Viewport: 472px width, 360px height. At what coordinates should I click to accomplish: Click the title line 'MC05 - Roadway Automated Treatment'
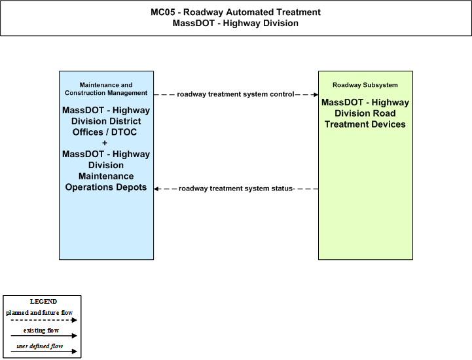click(236, 12)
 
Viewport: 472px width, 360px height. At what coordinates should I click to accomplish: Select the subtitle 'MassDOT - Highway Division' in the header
click(236, 23)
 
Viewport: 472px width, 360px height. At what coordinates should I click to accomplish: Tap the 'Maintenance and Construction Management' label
click(106, 89)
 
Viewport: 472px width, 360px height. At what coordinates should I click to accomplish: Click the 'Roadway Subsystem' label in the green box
click(365, 85)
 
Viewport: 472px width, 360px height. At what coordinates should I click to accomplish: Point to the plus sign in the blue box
click(105, 143)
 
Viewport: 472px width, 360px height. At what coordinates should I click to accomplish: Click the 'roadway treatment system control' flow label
click(236, 94)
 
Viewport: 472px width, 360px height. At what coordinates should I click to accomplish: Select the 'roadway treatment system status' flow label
click(236, 189)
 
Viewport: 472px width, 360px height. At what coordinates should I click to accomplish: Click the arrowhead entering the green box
click(316, 94)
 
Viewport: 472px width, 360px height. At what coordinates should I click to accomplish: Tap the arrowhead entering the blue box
click(156, 189)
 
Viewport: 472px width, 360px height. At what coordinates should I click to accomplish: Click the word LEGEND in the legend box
click(43, 301)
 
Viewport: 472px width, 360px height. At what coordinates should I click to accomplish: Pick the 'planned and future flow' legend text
click(39, 313)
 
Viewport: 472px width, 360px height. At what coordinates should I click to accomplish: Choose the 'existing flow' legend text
click(41, 331)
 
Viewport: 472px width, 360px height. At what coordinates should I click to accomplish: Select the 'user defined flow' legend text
click(39, 346)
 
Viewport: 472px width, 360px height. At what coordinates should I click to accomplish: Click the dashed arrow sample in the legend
click(44, 320)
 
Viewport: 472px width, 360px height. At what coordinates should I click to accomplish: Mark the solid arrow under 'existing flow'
click(44, 336)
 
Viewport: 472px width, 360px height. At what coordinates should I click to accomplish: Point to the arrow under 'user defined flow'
click(44, 351)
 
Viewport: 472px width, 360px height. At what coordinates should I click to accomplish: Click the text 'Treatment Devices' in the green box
click(365, 124)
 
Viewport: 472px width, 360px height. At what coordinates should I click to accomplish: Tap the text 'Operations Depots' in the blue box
click(106, 187)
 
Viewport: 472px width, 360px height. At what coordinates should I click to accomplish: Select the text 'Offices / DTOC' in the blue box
click(105, 132)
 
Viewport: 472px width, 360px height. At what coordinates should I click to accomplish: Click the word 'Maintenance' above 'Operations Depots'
click(106, 176)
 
